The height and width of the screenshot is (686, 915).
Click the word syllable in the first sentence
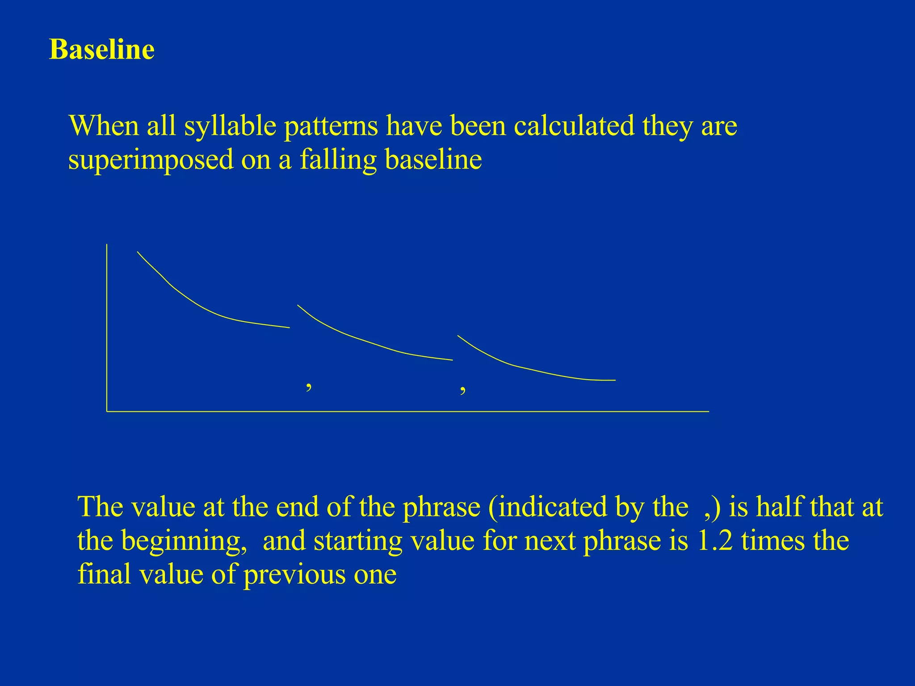(x=230, y=126)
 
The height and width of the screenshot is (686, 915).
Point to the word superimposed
(x=151, y=160)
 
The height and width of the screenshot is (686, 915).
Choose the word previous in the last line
(x=294, y=574)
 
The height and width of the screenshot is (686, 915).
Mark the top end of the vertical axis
(x=107, y=245)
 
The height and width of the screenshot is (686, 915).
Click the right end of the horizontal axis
(x=708, y=411)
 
